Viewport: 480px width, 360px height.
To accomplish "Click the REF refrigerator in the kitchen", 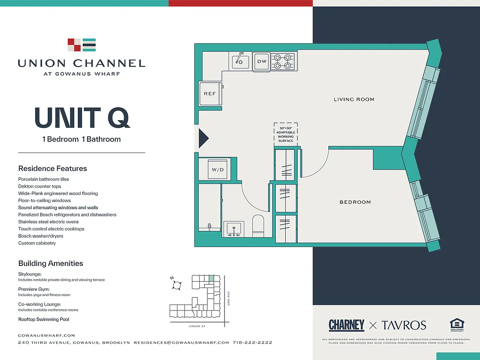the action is tap(210, 94).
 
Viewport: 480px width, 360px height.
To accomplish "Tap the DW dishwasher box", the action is tap(262, 61).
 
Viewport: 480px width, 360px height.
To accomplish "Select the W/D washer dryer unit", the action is tap(218, 170).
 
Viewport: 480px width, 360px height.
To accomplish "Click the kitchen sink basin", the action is tap(241, 61).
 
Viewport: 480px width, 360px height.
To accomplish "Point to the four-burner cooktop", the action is tap(283, 61).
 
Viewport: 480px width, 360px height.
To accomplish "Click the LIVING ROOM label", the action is tap(354, 99).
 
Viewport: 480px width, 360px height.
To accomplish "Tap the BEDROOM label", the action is tap(355, 202).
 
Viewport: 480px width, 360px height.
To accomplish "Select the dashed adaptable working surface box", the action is tap(286, 134).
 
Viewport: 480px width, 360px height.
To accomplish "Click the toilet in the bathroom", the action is tap(258, 226).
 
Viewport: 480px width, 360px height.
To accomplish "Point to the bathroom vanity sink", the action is tap(234, 229).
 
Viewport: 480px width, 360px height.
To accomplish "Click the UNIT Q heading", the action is tap(82, 118).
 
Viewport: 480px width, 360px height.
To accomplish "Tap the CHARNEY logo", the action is tap(346, 325).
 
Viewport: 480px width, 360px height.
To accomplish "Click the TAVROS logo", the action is tap(404, 325).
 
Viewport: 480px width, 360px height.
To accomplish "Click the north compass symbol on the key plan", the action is tap(177, 285).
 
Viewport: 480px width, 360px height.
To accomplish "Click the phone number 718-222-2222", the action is tap(252, 342).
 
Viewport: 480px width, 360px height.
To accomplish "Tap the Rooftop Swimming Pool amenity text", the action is tap(44, 319).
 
